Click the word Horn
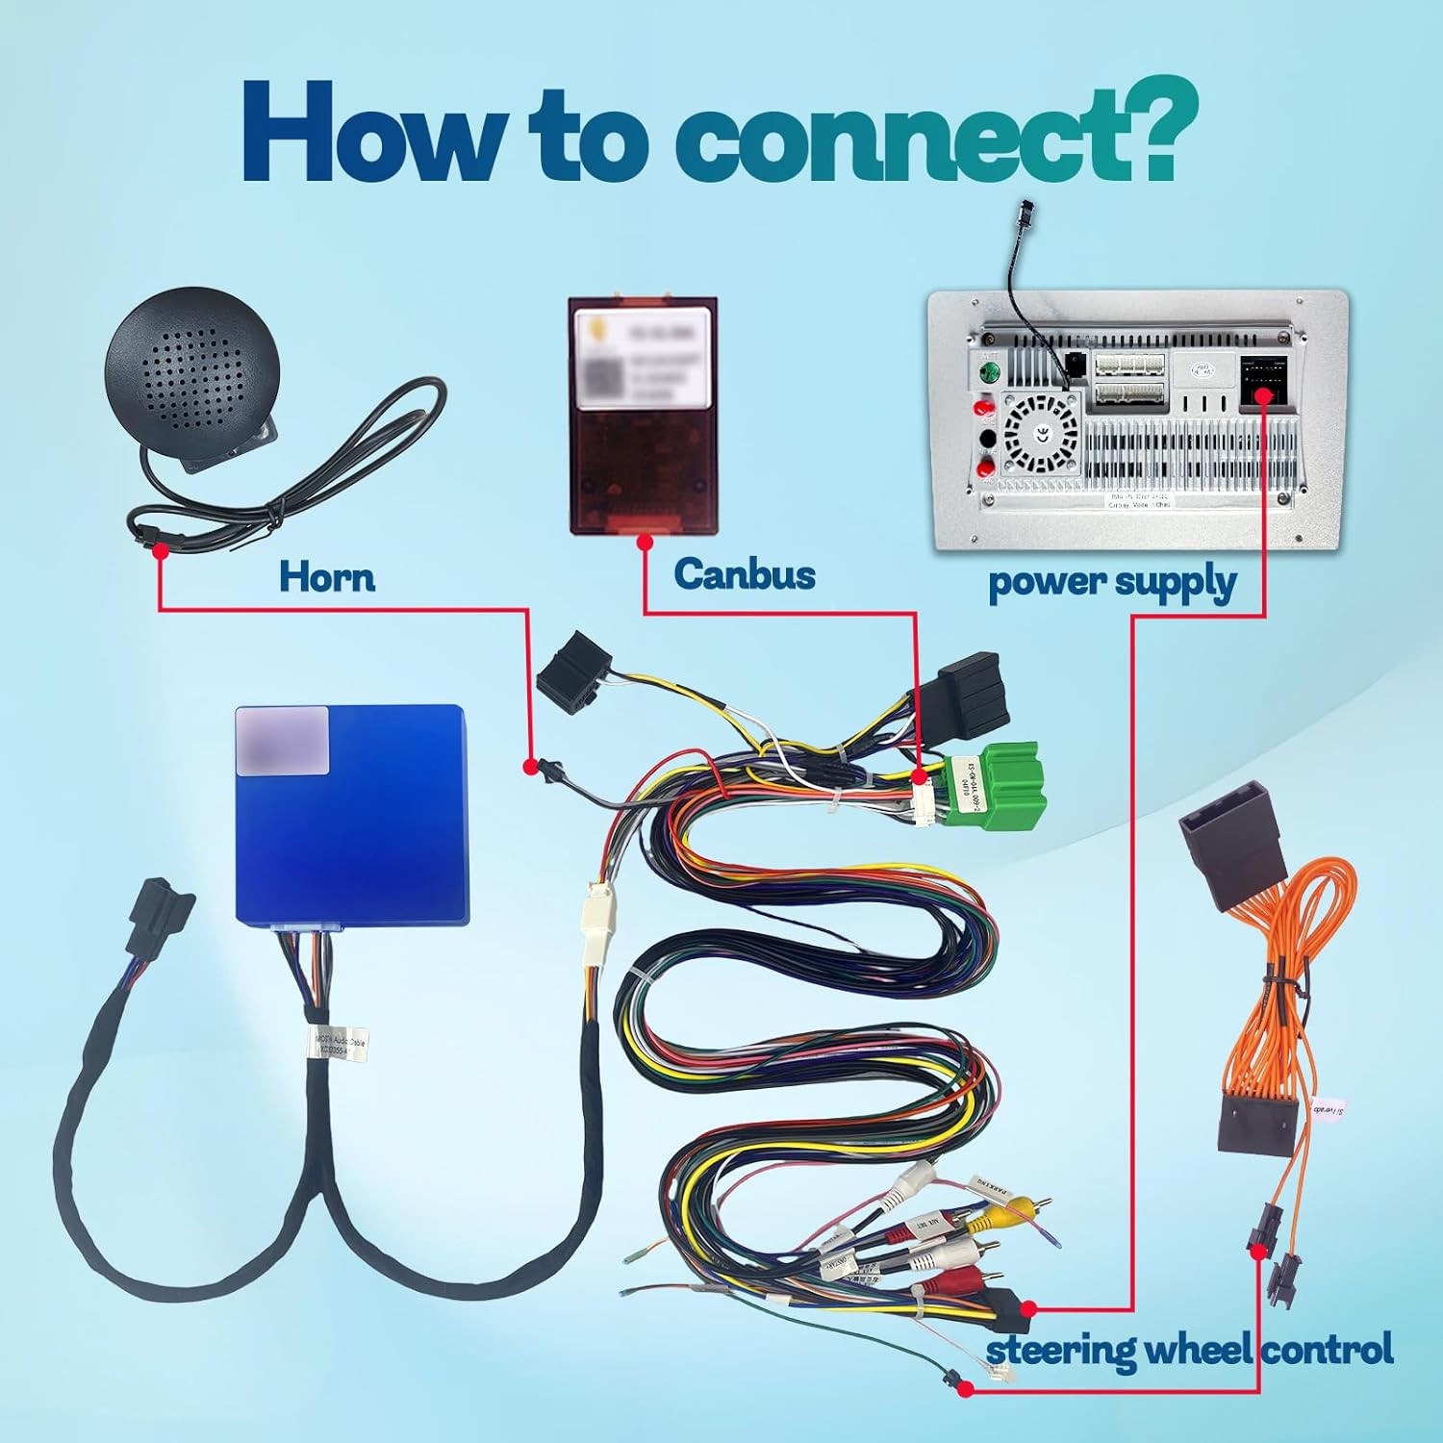pos(326,577)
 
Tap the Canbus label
pos(744,574)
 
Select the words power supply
pos(1112,583)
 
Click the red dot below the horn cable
pos(160,550)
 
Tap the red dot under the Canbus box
pos(645,543)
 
